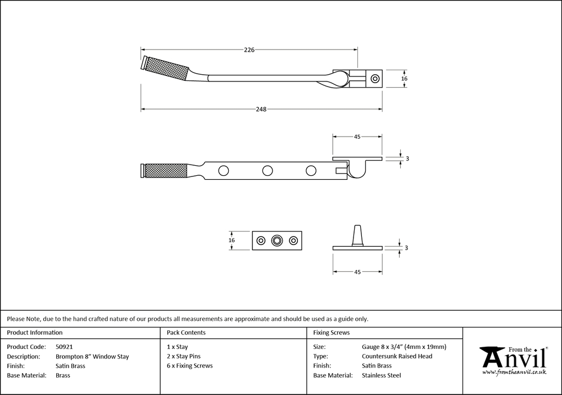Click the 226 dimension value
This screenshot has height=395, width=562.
click(x=250, y=49)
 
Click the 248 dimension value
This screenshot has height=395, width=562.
click(x=260, y=109)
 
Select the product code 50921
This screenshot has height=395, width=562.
click(x=65, y=347)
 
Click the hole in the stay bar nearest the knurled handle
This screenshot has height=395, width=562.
click(x=224, y=170)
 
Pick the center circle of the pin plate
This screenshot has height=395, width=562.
click(x=277, y=240)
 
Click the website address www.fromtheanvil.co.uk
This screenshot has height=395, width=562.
click(x=514, y=372)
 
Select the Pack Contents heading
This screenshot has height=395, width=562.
click(x=186, y=333)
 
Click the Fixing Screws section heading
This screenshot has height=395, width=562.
click(x=332, y=333)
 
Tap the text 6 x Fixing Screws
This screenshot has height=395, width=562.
click(x=190, y=366)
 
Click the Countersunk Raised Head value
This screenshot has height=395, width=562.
click(x=397, y=356)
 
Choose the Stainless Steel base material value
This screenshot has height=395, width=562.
click(x=382, y=375)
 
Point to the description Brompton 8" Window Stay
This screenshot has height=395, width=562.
click(x=92, y=356)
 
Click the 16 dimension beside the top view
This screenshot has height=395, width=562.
click(x=404, y=79)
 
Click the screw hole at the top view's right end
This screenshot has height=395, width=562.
click(x=375, y=79)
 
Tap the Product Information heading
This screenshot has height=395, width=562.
click(x=35, y=333)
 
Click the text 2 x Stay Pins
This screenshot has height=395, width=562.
click(x=184, y=356)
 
